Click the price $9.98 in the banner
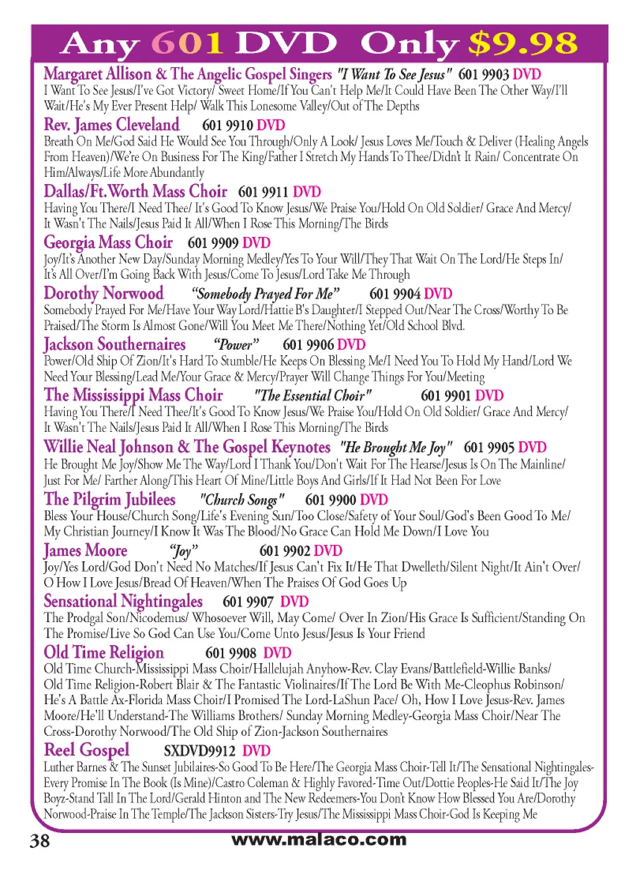click(x=523, y=44)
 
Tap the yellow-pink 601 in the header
click(x=188, y=44)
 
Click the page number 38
click(x=40, y=841)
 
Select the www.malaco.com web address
click(x=319, y=839)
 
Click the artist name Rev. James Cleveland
click(x=112, y=125)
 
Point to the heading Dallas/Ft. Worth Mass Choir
click(x=136, y=192)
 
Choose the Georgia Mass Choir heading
click(x=108, y=243)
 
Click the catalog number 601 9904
click(x=395, y=294)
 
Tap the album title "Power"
click(x=236, y=345)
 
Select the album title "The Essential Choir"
click(x=313, y=396)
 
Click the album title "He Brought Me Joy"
click(x=396, y=447)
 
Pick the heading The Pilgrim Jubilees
click(x=110, y=500)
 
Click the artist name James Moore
click(x=86, y=551)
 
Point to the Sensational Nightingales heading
click(x=123, y=602)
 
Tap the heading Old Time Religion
click(x=104, y=653)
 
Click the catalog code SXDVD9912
click(x=200, y=751)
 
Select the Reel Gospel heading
click(x=87, y=750)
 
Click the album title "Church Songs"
click(x=242, y=500)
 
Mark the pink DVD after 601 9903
click(x=527, y=75)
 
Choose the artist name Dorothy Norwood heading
click(x=104, y=294)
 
